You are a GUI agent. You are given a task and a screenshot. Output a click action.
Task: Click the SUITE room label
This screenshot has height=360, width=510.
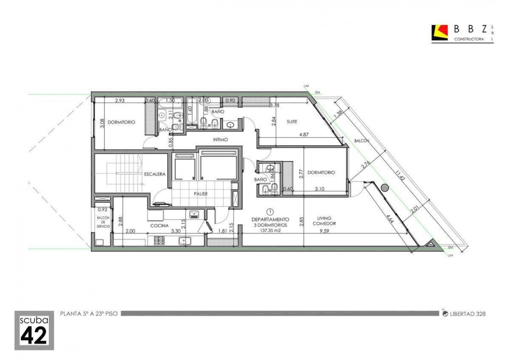point(292,122)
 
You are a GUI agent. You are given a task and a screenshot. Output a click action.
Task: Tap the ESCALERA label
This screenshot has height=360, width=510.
point(155,174)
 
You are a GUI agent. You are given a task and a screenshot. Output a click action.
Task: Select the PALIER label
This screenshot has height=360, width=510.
point(200,194)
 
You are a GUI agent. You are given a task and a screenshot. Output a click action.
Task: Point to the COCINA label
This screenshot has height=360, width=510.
point(160,225)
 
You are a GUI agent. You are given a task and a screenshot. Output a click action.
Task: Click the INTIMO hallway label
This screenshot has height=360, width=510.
point(220,139)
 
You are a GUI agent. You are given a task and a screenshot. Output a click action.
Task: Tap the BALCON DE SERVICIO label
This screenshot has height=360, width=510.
point(103,222)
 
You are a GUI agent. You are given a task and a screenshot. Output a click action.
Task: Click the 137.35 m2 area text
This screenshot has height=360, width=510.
point(270,230)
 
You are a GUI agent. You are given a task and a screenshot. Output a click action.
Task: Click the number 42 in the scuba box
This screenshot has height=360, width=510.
point(34,335)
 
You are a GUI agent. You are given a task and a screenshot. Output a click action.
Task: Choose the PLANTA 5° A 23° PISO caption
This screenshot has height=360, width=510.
point(89,314)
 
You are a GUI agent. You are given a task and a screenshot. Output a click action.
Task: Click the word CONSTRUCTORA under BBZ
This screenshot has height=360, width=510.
point(469,39)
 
